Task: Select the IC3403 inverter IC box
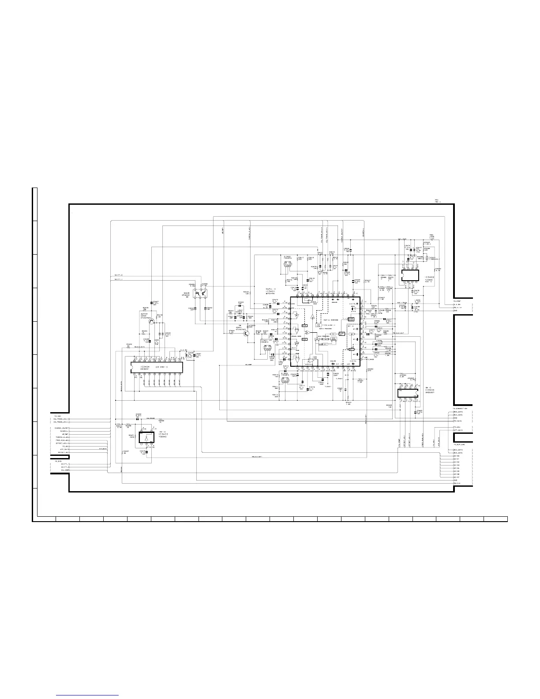pos(146,437)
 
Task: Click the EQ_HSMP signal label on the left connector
pos(59,470)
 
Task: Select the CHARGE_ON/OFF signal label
pos(61,428)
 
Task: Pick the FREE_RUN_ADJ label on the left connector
pos(61,440)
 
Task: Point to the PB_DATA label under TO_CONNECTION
pos(458,421)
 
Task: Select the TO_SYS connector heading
pos(58,461)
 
